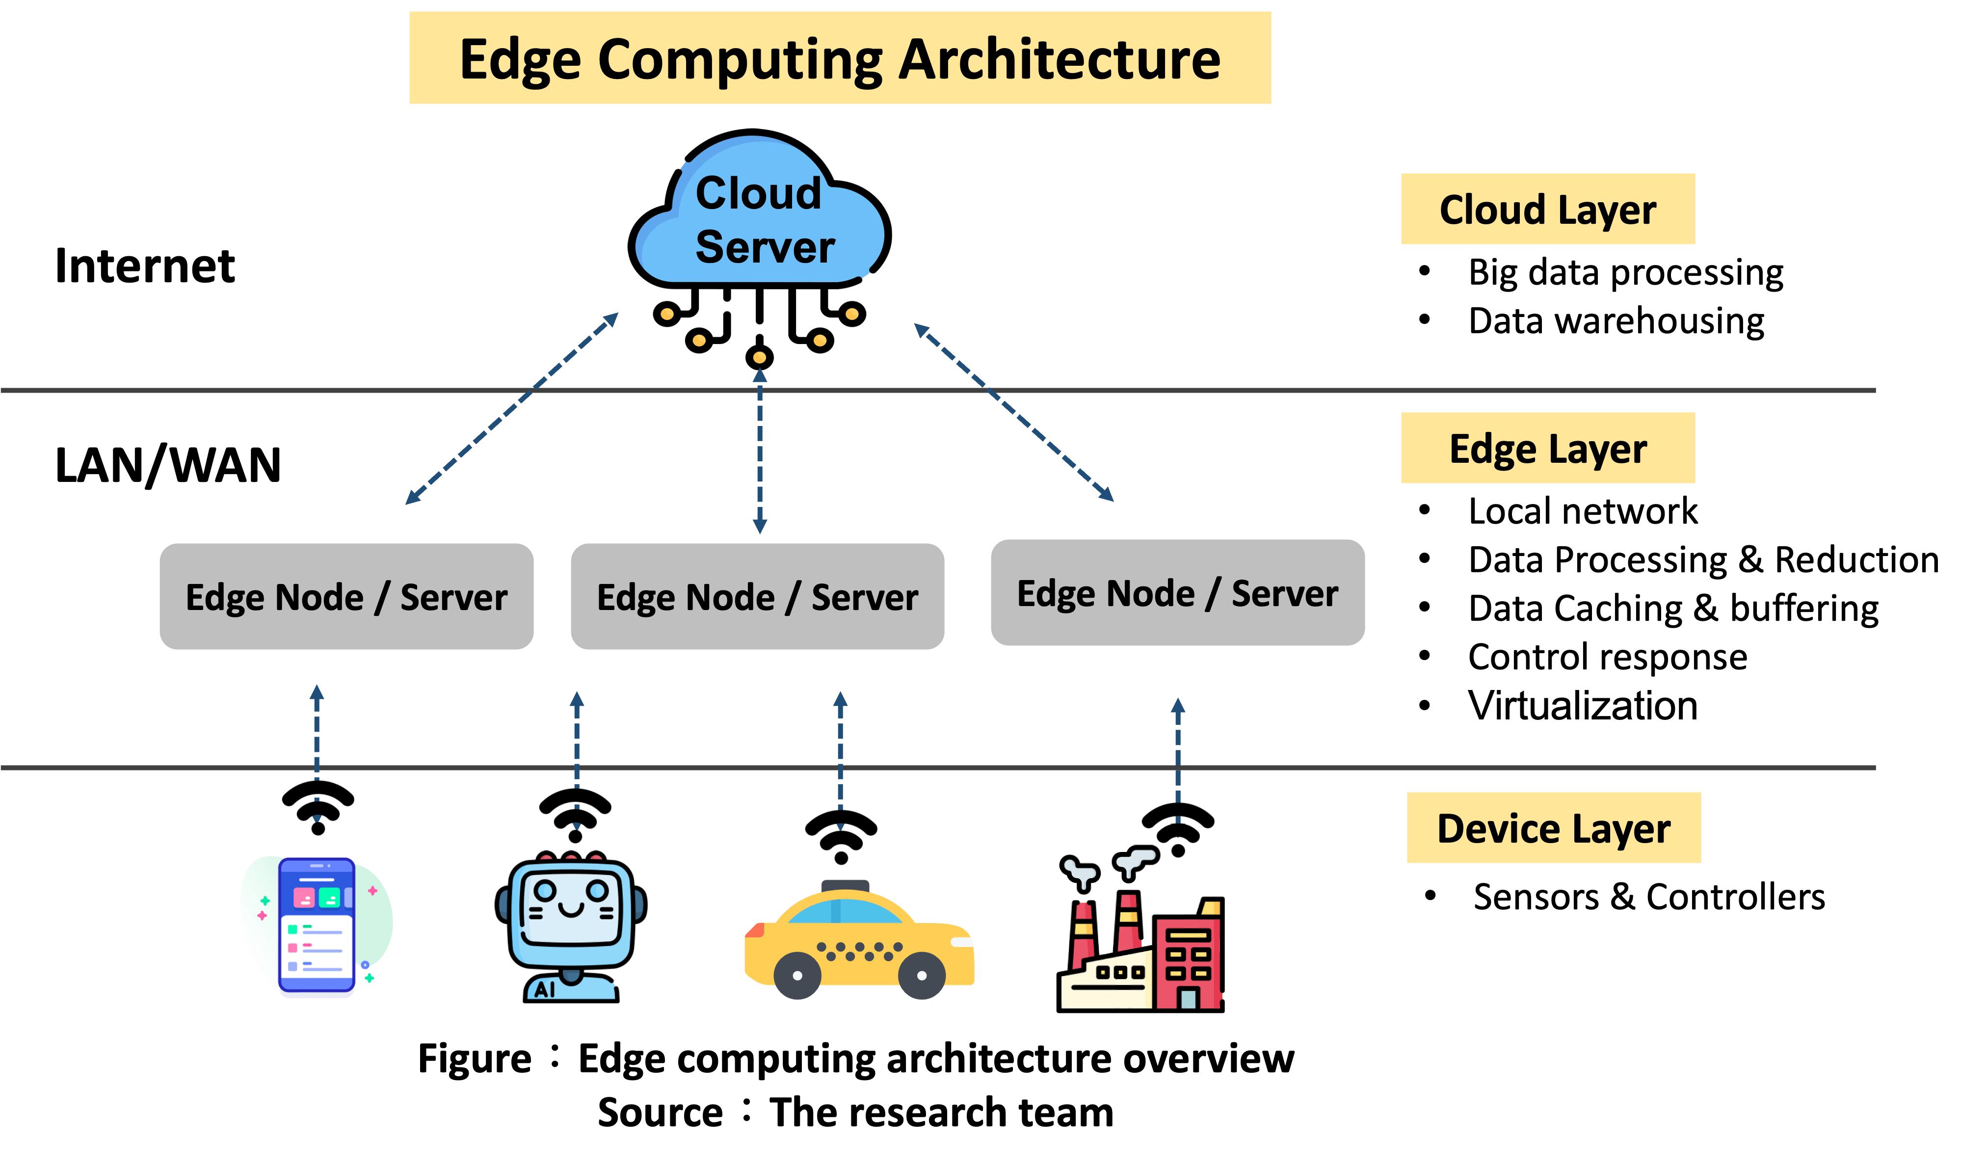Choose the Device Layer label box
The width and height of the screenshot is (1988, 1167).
[x=1553, y=828]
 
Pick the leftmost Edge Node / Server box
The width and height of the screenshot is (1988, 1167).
[x=346, y=597]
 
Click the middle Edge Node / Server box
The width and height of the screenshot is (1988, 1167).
[x=757, y=597]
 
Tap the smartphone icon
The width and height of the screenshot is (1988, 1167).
[x=317, y=927]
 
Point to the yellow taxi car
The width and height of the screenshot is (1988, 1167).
[x=860, y=943]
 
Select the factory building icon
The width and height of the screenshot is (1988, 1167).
[x=1141, y=947]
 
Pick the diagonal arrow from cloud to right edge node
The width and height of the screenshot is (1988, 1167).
[x=1014, y=412]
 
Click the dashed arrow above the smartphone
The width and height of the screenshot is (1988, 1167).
[x=317, y=753]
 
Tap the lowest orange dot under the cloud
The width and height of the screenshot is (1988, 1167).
[x=760, y=357]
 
